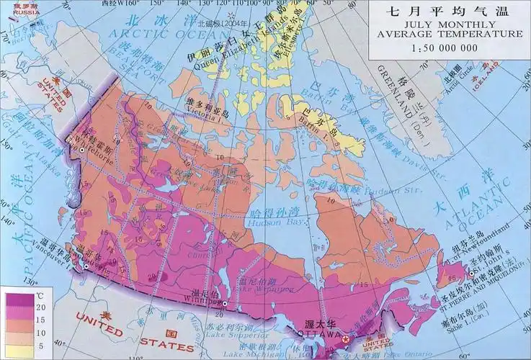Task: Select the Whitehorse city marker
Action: click(x=83, y=149)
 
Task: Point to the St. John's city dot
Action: click(x=472, y=273)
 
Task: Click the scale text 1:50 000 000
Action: click(x=445, y=48)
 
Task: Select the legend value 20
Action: click(x=40, y=307)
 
